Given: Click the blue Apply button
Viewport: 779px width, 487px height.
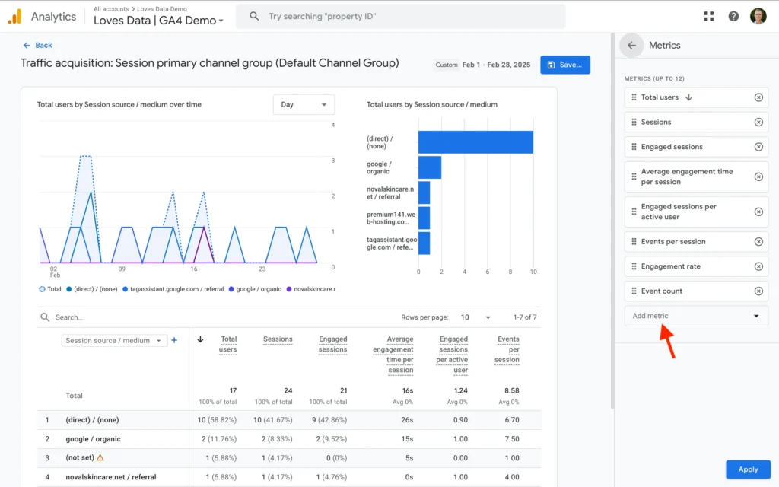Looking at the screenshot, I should [748, 469].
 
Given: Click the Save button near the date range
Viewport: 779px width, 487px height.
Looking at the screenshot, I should [564, 65].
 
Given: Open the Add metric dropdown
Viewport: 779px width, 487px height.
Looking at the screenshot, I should [695, 316].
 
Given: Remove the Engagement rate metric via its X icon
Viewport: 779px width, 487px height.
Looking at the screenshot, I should [758, 266].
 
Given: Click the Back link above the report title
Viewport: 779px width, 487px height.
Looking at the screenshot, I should [38, 46].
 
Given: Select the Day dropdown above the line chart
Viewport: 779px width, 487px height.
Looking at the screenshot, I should [303, 104].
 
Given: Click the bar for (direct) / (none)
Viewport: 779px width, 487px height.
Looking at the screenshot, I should [475, 142].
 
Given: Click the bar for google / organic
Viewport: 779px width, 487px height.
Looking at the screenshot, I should [430, 167].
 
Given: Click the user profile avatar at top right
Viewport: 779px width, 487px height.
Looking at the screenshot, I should [758, 16].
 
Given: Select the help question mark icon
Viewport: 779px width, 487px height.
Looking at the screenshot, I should [733, 16].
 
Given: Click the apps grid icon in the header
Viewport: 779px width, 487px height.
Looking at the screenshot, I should [709, 16].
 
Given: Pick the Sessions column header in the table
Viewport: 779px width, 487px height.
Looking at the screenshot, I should [278, 339].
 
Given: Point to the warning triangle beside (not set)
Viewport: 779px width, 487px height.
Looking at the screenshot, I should [100, 458].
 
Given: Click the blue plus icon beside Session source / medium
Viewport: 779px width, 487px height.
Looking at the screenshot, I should [174, 340].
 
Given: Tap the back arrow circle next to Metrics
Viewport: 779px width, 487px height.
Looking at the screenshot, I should [631, 46].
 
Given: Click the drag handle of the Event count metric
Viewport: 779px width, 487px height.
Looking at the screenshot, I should [634, 291].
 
